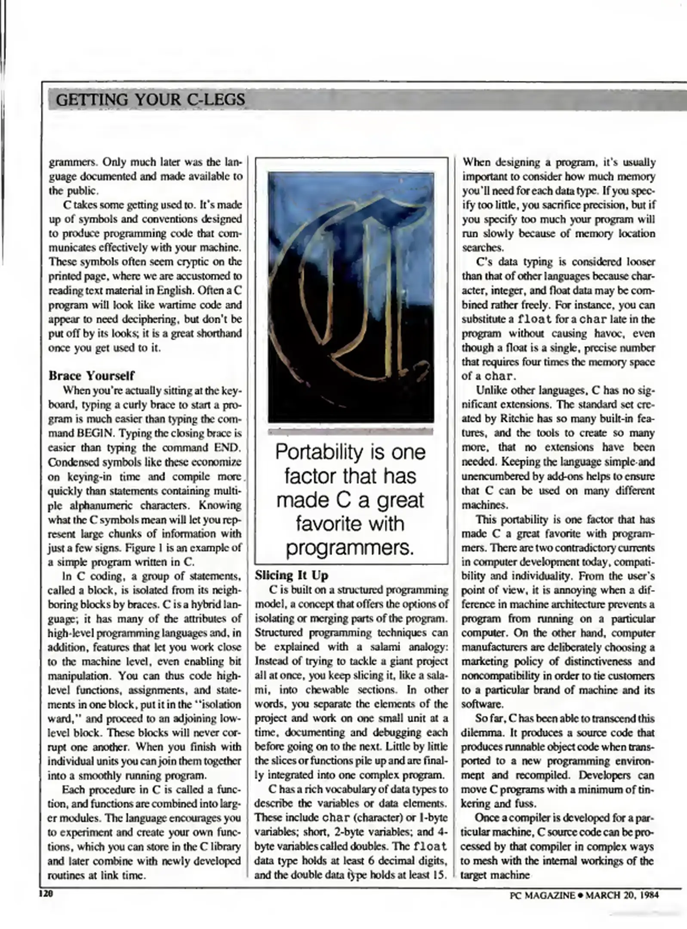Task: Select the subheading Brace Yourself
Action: (x=91, y=375)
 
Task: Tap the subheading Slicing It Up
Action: (x=291, y=575)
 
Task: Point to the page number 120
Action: (x=45, y=894)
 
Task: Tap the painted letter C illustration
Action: (x=351, y=297)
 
